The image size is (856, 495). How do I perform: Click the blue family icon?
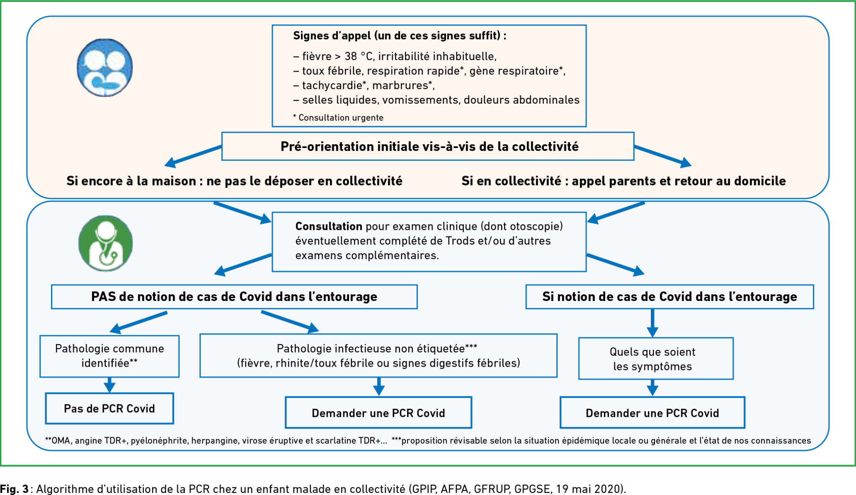(x=105, y=68)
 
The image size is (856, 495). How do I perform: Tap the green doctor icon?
(x=105, y=243)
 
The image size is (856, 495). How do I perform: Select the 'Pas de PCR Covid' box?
(x=110, y=408)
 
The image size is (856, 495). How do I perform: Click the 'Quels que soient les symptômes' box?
(x=656, y=359)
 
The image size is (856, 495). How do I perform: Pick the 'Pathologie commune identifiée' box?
(x=110, y=356)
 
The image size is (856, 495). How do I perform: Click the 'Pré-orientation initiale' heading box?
(x=428, y=146)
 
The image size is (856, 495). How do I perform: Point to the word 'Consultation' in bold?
(x=329, y=226)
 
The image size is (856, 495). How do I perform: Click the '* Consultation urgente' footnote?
(x=338, y=117)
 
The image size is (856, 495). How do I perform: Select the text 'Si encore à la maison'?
(x=131, y=181)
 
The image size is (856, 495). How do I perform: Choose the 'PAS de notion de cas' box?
(x=234, y=297)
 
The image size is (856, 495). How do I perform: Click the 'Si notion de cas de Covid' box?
(x=670, y=297)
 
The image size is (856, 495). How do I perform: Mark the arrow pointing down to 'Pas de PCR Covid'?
(x=110, y=385)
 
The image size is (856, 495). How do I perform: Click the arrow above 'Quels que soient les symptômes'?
(x=652, y=323)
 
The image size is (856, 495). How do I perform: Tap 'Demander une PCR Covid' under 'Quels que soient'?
(x=652, y=413)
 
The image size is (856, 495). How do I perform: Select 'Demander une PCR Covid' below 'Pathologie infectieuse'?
(x=378, y=413)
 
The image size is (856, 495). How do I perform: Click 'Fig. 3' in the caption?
(x=14, y=489)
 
